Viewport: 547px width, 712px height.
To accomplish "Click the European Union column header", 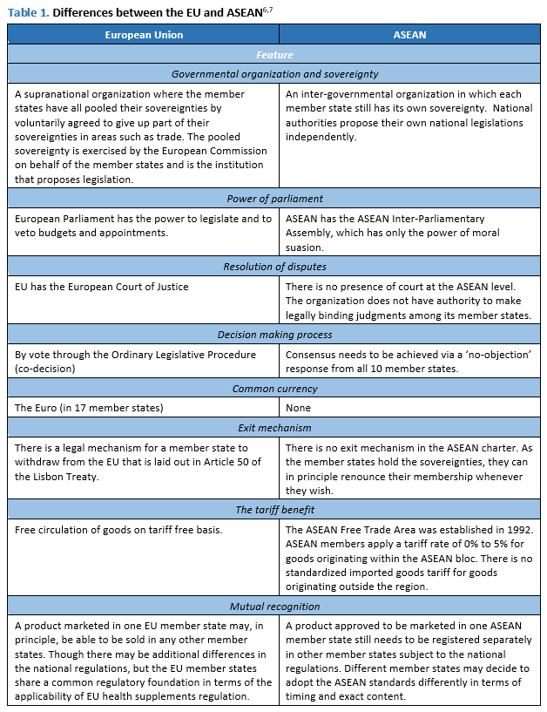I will click(144, 34).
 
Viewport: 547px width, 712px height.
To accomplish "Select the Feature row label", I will click(274, 54).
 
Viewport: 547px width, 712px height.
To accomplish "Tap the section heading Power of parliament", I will click(274, 199).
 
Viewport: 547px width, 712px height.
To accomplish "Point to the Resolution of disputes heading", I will click(274, 267).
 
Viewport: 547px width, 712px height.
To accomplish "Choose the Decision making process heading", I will click(274, 335).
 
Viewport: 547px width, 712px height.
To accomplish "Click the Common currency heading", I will click(274, 388).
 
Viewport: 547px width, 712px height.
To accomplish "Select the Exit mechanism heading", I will click(274, 427).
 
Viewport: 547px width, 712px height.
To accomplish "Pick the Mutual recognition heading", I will click(274, 607).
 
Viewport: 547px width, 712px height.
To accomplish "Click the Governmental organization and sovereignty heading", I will click(274, 74).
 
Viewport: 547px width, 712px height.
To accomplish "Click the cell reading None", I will click(300, 407).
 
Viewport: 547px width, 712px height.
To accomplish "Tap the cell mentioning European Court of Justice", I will click(102, 286).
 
